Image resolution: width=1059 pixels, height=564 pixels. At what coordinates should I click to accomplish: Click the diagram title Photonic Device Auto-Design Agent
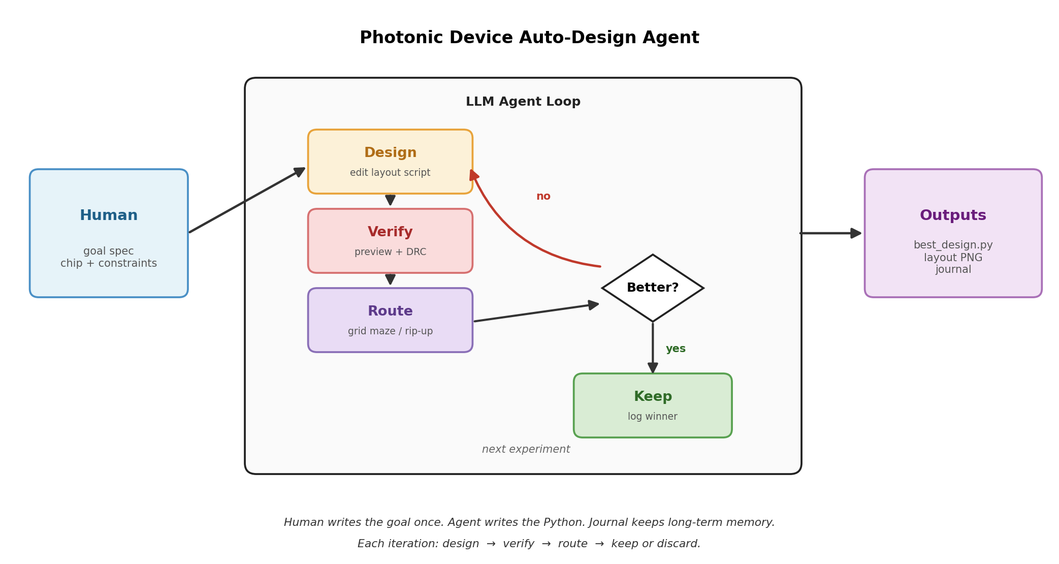[529, 38]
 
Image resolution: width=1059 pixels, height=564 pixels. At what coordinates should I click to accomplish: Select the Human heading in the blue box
[109, 215]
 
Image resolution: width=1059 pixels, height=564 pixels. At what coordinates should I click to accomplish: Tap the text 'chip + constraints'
[109, 264]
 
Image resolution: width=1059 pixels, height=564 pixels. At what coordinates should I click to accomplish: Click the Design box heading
[390, 153]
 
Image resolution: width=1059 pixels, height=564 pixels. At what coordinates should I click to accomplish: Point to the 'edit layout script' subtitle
[390, 173]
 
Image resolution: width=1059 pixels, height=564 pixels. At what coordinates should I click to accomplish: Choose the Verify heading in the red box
[390, 232]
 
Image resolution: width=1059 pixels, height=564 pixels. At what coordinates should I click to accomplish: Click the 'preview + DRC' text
[390, 252]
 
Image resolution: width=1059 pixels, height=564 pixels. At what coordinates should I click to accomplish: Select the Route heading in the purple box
[390, 311]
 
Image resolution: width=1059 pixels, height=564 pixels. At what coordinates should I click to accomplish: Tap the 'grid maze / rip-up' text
[390, 331]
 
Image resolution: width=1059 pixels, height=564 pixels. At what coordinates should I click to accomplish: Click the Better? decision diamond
[653, 288]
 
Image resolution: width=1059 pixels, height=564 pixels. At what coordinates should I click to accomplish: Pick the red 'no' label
[543, 197]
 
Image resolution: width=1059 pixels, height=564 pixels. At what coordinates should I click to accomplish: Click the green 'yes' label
[676, 349]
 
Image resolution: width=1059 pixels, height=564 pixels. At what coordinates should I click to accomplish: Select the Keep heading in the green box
[653, 397]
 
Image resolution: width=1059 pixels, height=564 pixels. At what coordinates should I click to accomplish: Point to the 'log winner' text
[653, 417]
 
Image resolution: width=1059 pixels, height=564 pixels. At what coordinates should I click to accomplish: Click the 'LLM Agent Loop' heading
[523, 102]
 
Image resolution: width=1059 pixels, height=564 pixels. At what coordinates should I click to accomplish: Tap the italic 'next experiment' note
[526, 450]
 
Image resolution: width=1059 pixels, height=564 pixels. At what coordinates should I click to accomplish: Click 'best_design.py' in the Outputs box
[953, 245]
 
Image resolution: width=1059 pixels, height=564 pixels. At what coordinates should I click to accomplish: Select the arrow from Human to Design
[247, 200]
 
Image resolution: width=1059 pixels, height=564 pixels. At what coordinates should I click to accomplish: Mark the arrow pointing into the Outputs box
[830, 233]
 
